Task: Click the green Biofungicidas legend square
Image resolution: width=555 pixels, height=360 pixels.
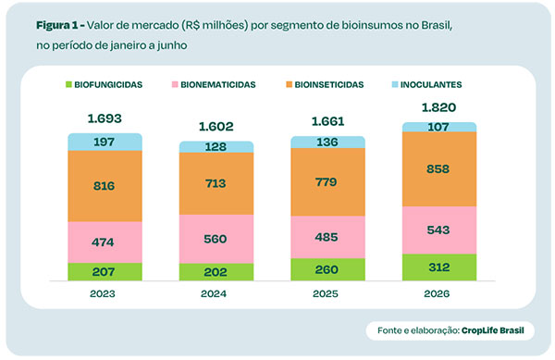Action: tap(68, 84)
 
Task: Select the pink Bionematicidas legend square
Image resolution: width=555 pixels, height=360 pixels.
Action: tap(175, 84)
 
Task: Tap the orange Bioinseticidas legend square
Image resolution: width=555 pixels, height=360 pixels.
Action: tap(290, 84)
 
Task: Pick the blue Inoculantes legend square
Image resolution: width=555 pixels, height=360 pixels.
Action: tap(395, 84)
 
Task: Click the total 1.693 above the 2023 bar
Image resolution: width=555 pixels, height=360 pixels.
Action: tap(105, 118)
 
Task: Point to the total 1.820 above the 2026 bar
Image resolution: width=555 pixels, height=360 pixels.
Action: tap(438, 107)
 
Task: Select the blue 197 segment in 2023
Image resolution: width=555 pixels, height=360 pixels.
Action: tap(105, 142)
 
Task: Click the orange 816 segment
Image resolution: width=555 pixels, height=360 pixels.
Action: tap(105, 186)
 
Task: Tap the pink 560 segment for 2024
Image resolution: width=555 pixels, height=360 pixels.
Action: tap(216, 239)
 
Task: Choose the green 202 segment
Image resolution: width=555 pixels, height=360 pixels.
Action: tap(216, 272)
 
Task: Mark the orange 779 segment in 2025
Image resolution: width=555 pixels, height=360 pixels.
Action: tap(327, 182)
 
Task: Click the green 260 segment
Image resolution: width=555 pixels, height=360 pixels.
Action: tap(327, 269)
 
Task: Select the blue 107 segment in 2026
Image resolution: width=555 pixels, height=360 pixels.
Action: tap(439, 127)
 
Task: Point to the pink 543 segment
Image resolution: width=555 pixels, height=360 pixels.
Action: tap(439, 230)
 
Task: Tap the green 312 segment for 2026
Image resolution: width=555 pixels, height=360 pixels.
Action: tap(439, 267)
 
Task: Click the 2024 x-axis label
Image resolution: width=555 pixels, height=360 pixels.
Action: tap(214, 293)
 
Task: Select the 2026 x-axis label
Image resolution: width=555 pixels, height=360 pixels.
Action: tap(437, 293)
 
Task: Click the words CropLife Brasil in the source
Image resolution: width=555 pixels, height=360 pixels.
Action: tap(493, 330)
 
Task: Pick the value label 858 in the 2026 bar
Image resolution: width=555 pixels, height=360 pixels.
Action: tap(438, 168)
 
